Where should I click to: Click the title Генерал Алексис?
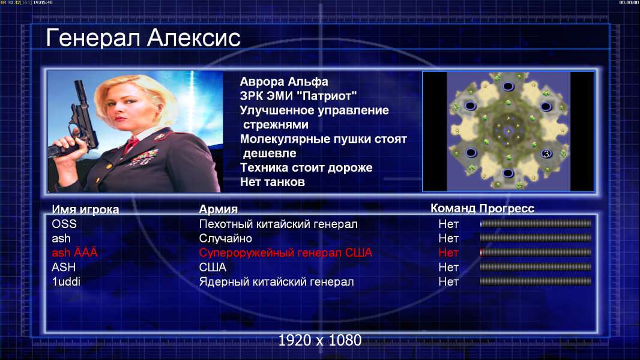tap(143, 38)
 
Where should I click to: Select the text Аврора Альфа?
tap(283, 82)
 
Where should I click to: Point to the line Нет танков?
tap(272, 182)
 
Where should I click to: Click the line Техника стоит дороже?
tap(306, 167)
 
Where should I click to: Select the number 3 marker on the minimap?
tap(546, 154)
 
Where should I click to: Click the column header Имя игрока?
tap(85, 209)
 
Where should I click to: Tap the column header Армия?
tap(218, 209)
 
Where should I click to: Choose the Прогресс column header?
tap(507, 208)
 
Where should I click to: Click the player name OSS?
tap(64, 224)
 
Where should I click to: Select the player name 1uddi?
tap(65, 282)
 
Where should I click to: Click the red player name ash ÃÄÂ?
tap(74, 253)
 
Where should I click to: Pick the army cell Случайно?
tap(225, 238)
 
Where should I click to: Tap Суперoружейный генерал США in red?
tap(285, 253)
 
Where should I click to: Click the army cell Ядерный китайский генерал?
tap(276, 282)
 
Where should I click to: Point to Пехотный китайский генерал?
tap(278, 224)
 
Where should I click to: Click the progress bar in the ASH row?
tap(536, 267)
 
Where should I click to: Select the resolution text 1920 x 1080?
tap(319, 340)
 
